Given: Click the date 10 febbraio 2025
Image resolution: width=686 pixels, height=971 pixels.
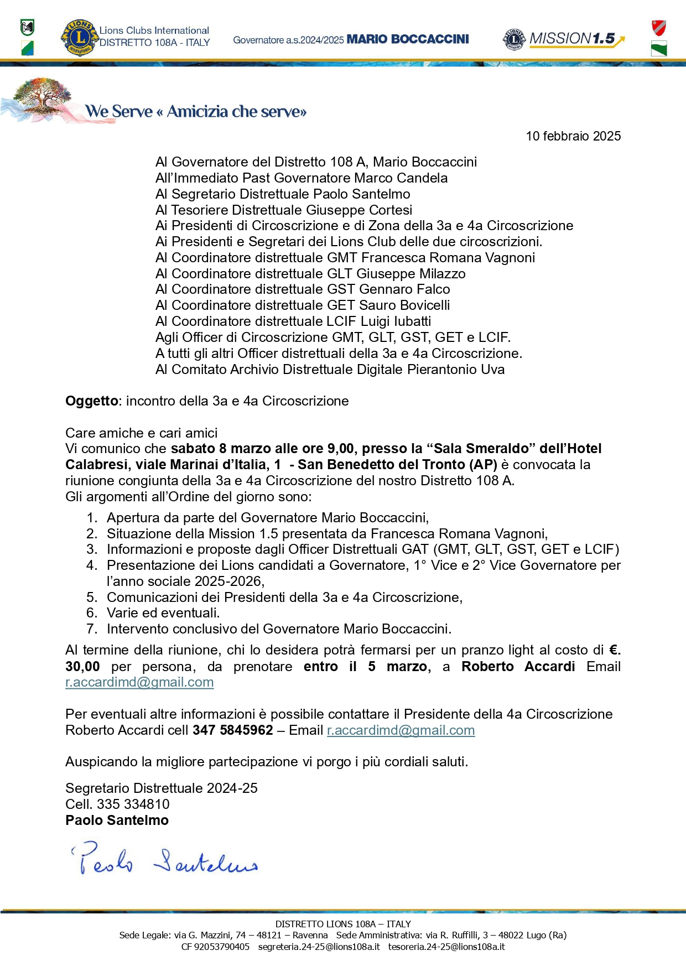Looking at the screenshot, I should [573, 136].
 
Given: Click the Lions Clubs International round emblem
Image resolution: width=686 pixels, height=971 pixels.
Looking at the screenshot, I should [79, 38].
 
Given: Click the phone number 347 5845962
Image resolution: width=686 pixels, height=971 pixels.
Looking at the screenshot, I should [232, 730].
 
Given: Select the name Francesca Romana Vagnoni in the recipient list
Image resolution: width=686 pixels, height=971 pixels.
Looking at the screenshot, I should [448, 258].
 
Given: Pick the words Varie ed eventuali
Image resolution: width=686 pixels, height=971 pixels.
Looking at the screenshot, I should [163, 613].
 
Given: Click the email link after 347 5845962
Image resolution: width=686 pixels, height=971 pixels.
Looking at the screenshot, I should [401, 730].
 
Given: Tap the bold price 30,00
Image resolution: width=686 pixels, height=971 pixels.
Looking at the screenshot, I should [82, 667].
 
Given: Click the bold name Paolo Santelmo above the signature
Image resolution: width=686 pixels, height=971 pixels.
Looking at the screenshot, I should [117, 821].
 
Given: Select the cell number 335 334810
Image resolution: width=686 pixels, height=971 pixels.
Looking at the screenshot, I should [133, 804].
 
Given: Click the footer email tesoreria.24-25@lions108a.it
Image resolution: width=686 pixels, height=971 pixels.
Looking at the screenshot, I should [446, 947].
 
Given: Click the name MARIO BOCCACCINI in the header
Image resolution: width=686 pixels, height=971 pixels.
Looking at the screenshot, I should [407, 39].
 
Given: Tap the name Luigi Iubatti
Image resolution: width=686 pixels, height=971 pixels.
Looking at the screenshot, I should [396, 321].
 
